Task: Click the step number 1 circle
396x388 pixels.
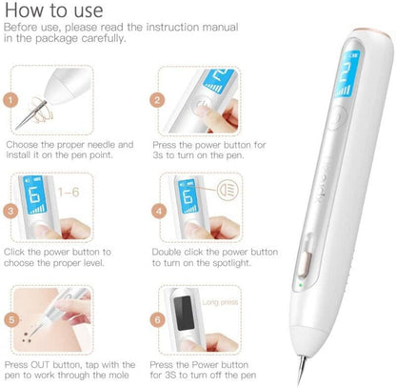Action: pos(10,100)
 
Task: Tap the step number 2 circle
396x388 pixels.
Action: pos(157,100)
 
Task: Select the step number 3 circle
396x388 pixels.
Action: pos(10,212)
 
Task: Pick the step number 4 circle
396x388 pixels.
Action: pos(159,212)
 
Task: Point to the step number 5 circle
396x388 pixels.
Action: pos(11,319)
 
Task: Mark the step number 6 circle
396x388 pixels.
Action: pos(157,319)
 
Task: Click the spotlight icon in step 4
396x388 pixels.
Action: pos(228,190)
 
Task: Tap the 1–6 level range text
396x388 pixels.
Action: pos(69,192)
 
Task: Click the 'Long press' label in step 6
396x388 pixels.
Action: pos(220,302)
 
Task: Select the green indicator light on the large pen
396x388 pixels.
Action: pos(300,285)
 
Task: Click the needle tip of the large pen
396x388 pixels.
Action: pos(299,384)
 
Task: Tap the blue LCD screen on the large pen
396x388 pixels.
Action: pos(346,74)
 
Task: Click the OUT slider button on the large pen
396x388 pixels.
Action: pos(304,264)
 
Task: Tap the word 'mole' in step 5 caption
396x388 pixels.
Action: pos(119,375)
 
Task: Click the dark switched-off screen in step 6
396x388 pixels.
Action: pos(184,313)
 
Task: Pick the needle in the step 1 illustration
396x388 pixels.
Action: pos(31,114)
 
